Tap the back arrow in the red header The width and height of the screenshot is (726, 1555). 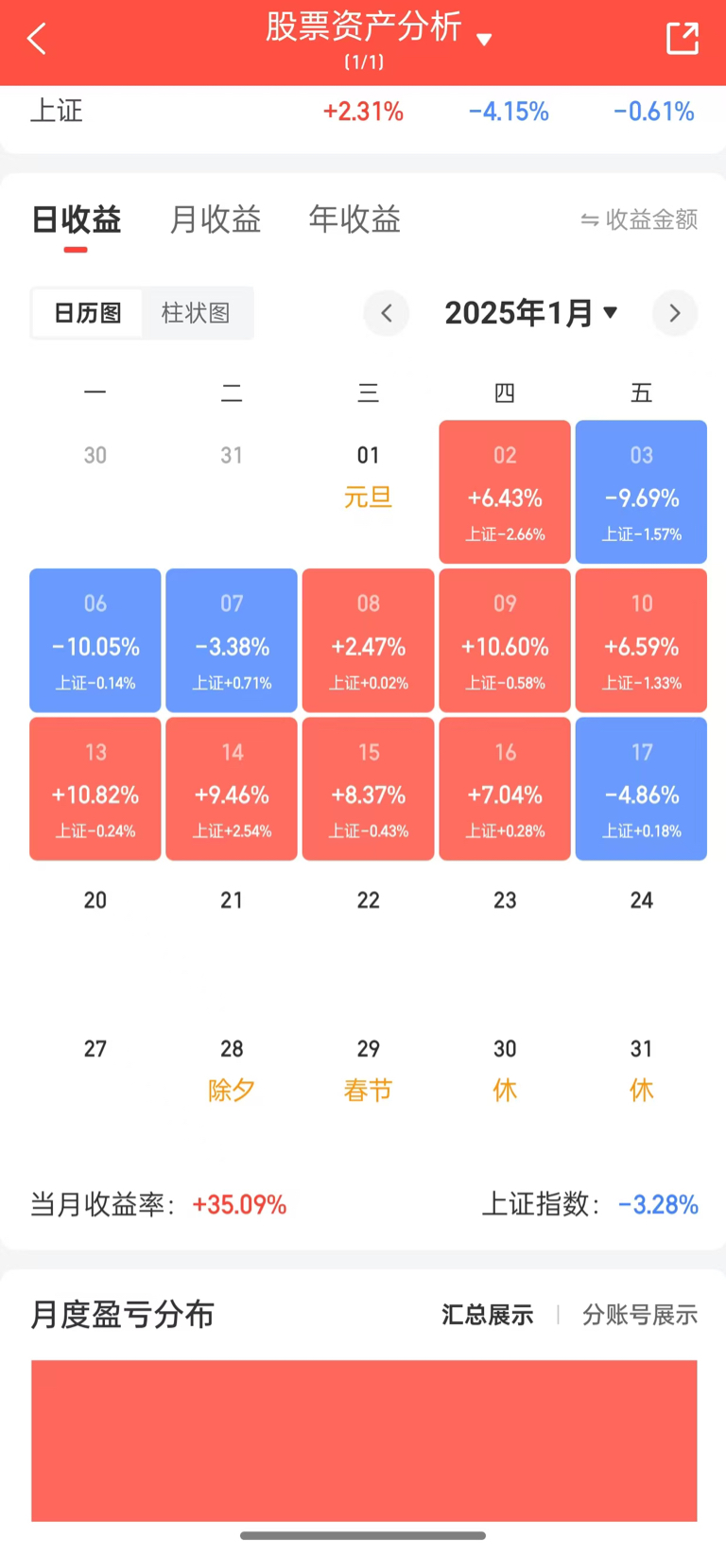tap(37, 39)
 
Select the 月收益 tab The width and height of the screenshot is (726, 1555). tap(216, 219)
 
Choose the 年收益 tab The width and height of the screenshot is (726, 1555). tap(354, 219)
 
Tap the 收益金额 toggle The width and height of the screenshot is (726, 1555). tap(640, 219)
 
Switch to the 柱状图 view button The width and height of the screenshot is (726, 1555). tap(196, 313)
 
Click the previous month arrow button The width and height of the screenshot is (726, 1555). tap(387, 313)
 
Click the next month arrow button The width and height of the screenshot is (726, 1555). tap(674, 313)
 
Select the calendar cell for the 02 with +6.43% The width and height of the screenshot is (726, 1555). tap(505, 492)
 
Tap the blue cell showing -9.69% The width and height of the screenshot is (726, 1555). tap(641, 492)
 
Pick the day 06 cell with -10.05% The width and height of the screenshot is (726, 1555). tap(95, 640)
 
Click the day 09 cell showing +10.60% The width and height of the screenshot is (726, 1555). tap(505, 640)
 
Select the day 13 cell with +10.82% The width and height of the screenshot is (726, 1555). tap(95, 789)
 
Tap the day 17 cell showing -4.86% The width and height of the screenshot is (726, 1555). tap(641, 789)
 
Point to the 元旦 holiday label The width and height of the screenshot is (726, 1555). tap(368, 497)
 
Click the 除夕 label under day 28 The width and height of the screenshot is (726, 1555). tap(232, 1090)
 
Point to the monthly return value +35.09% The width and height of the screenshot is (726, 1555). tap(239, 1204)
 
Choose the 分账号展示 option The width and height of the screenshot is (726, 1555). tap(640, 1315)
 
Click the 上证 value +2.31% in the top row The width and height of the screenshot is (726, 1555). tap(363, 112)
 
